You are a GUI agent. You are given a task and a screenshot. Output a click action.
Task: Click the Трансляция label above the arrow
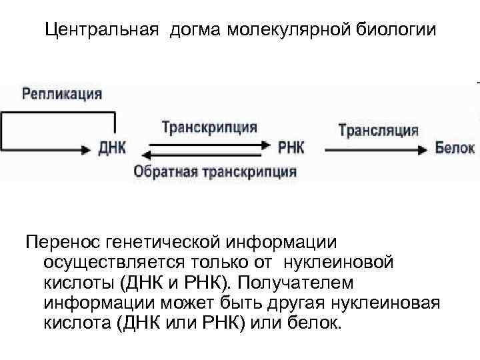point(379,129)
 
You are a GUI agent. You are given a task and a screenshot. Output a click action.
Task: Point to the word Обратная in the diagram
point(163,171)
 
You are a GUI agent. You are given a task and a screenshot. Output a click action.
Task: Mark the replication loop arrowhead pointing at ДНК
point(85,148)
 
